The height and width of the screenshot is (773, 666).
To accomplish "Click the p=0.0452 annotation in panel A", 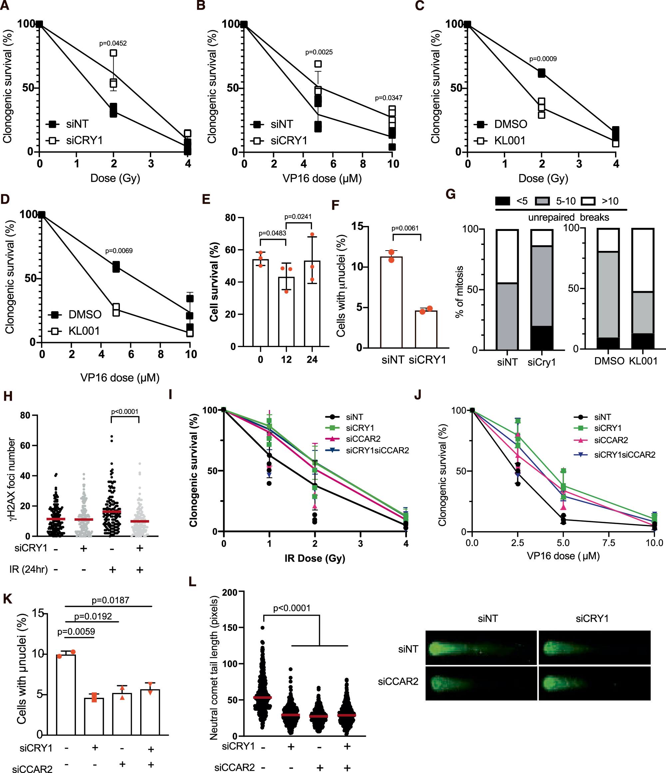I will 113,43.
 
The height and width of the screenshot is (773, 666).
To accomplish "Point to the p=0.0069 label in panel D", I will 119,251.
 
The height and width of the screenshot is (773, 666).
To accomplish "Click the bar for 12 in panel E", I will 286,311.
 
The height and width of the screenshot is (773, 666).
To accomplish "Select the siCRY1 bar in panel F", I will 426,329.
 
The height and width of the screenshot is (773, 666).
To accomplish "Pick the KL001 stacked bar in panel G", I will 642,289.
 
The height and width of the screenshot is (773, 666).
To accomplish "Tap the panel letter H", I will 8,396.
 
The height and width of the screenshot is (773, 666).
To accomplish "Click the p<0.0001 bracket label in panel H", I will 125,412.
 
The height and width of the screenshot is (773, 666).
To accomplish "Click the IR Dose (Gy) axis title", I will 314,558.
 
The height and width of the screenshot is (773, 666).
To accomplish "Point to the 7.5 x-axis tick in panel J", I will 608,543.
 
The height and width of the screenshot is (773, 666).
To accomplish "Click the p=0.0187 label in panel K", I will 110,600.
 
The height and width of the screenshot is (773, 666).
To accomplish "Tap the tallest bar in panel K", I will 66,695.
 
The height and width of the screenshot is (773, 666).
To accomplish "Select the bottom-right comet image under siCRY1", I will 594,683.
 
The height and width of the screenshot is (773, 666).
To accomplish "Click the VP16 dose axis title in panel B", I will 322,178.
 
